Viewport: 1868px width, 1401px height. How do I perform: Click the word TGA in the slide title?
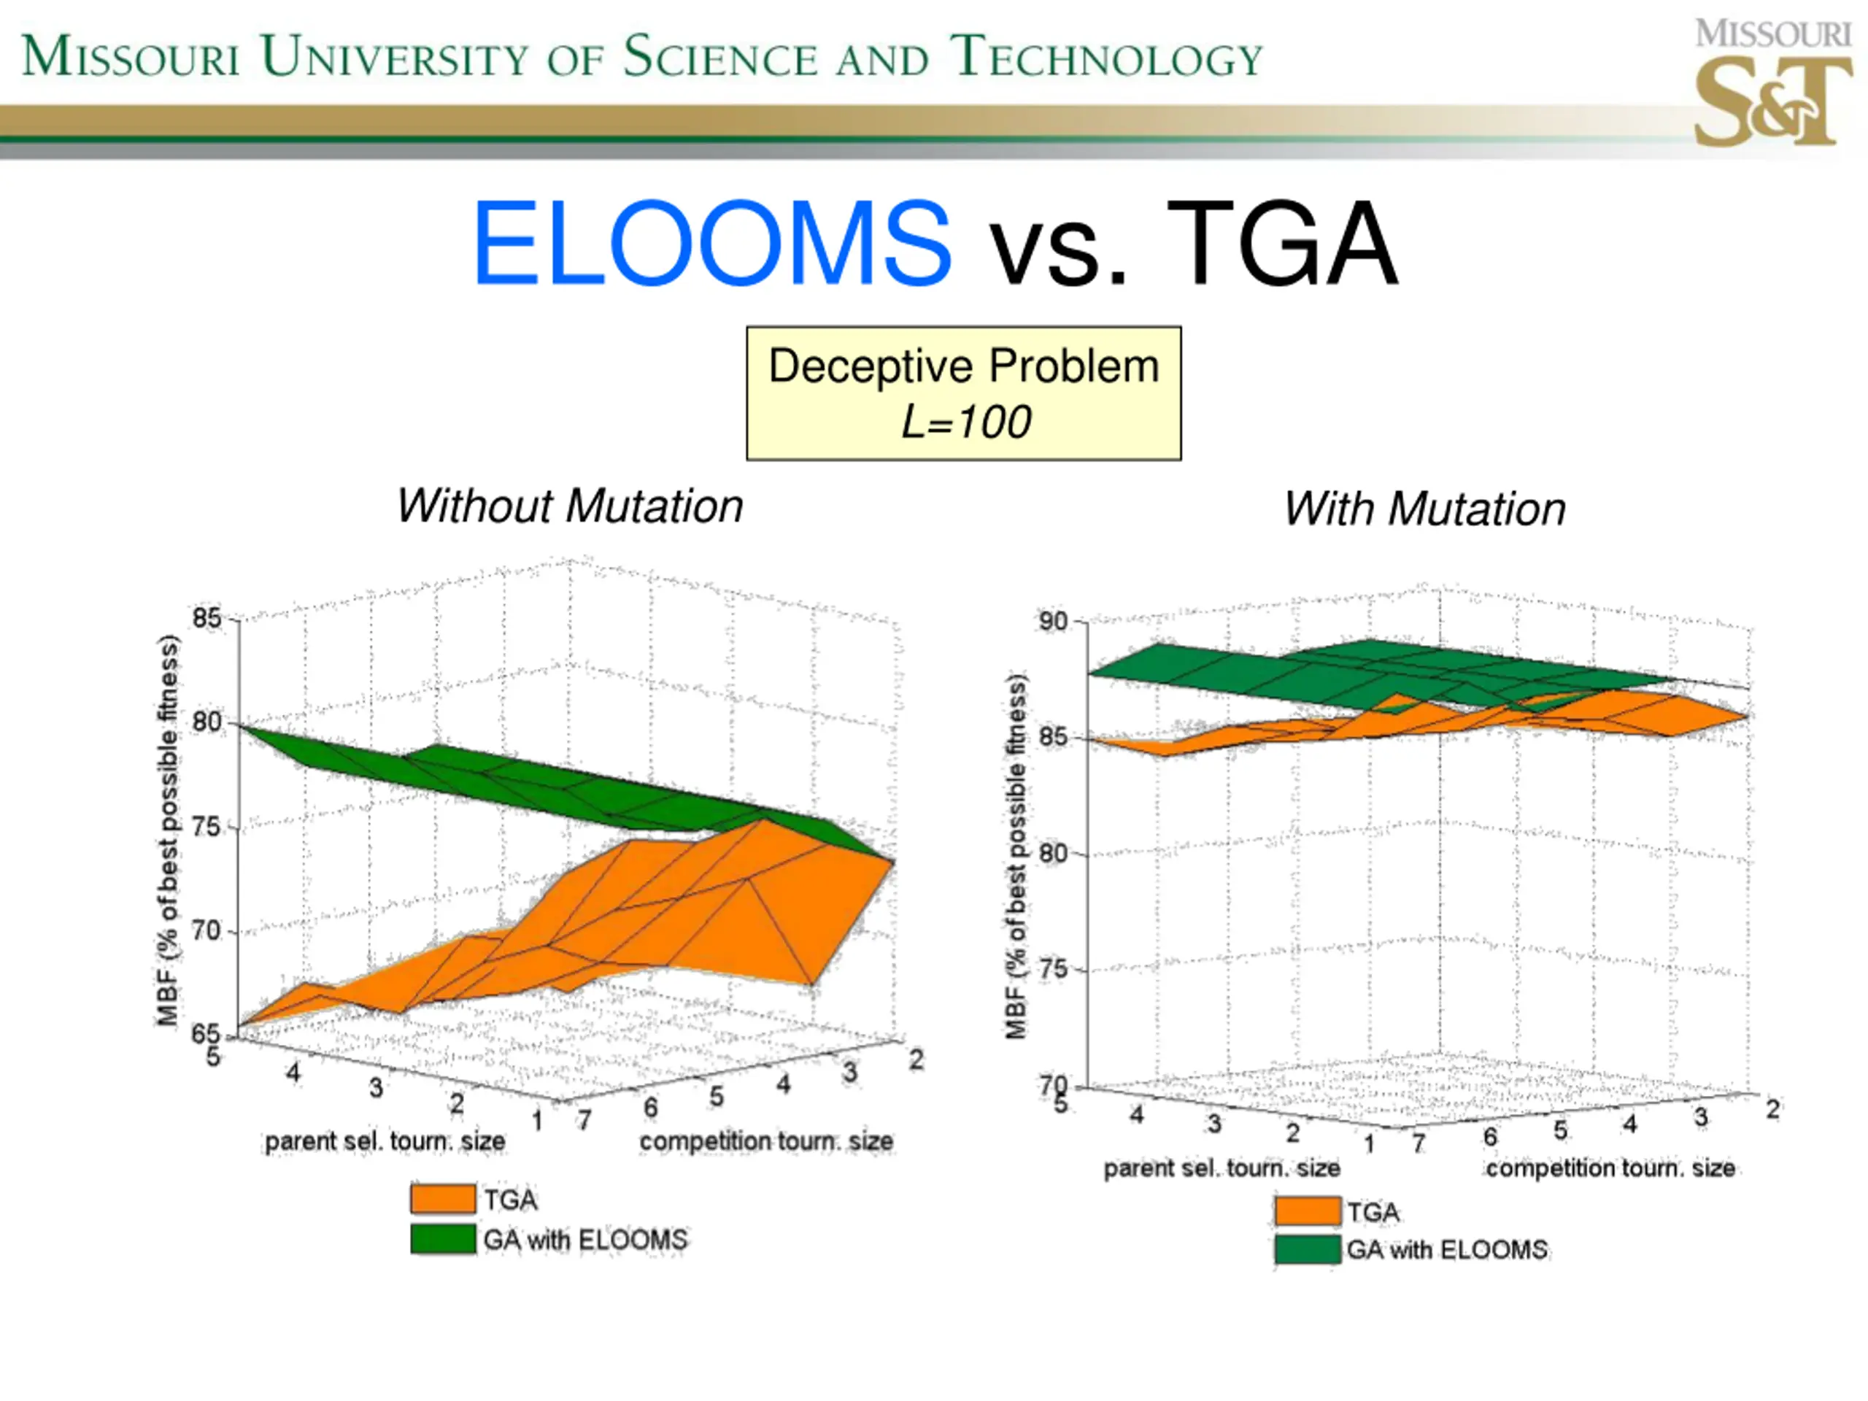point(1282,243)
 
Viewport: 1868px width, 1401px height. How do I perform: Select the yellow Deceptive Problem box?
point(964,393)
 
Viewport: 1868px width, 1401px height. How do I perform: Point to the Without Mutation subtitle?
point(570,506)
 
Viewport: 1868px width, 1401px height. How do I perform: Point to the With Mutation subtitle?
point(1424,509)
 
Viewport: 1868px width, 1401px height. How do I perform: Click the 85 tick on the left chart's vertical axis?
point(206,618)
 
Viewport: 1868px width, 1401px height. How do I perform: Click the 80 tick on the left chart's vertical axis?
point(206,723)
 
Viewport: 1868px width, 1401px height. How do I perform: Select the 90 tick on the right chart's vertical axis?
point(1054,622)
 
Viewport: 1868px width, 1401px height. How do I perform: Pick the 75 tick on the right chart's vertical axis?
point(1054,970)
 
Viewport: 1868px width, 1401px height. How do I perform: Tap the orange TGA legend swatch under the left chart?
point(442,1198)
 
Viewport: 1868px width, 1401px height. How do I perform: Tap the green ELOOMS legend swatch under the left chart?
point(442,1239)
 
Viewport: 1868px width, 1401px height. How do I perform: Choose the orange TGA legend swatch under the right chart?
point(1308,1211)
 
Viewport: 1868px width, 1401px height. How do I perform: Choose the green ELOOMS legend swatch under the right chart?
point(1308,1249)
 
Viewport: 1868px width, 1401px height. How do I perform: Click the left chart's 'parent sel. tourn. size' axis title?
point(385,1142)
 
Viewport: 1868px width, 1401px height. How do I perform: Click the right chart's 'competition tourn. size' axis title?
point(1610,1169)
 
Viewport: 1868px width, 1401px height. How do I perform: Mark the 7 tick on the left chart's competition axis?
point(584,1121)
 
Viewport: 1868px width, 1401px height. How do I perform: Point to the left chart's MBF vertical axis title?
point(169,830)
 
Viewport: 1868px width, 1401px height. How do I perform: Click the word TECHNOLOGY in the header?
point(1106,58)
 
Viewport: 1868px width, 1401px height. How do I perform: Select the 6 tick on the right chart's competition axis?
point(1491,1138)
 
